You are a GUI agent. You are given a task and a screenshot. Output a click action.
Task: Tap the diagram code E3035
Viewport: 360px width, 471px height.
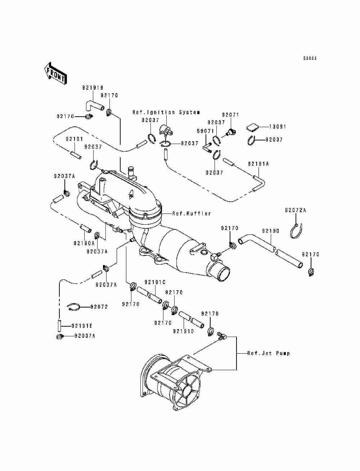[x=310, y=58]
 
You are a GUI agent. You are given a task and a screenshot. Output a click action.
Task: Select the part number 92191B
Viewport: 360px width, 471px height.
[x=93, y=88]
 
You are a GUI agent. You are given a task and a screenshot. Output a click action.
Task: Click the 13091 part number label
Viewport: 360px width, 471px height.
[x=278, y=127]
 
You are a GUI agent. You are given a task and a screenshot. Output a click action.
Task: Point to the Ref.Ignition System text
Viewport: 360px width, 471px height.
[x=166, y=112]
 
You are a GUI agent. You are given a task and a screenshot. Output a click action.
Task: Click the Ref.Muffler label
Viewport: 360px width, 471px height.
[x=192, y=214]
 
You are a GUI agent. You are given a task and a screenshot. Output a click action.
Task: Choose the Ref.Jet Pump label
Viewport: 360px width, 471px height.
[x=269, y=353]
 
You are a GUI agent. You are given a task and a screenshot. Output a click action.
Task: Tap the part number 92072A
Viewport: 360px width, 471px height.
[x=296, y=211]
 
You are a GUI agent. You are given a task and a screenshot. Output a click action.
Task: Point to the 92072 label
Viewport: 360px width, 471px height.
[x=99, y=307]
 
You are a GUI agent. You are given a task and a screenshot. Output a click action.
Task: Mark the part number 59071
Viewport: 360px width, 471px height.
[x=206, y=131]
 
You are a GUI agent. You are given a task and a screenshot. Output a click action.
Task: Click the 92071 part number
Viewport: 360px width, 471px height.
[x=230, y=115]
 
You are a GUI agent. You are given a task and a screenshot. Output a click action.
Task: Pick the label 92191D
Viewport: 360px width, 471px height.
[x=184, y=332]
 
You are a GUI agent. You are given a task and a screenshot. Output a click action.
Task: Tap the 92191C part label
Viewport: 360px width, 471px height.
[x=155, y=282]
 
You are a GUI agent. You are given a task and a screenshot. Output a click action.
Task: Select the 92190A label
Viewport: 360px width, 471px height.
[x=84, y=243]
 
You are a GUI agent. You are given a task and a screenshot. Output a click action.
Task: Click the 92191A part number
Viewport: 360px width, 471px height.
[x=258, y=164]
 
